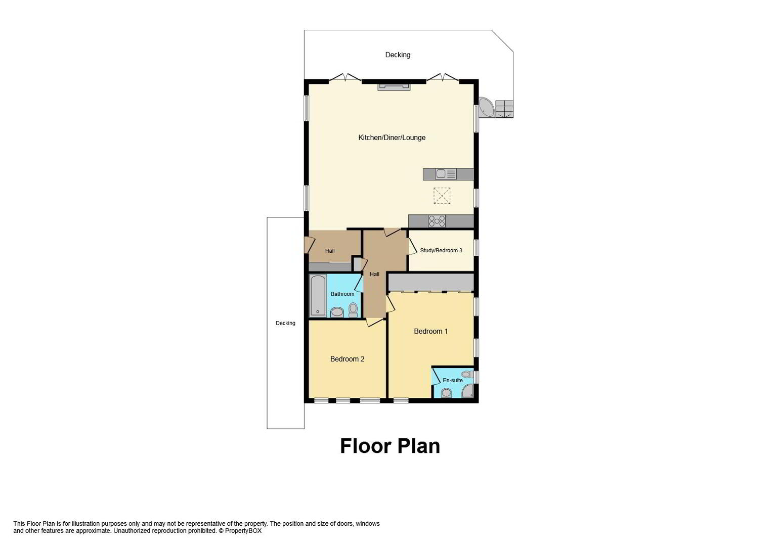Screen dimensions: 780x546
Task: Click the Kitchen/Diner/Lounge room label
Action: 392,138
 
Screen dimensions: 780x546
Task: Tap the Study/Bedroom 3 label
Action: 441,250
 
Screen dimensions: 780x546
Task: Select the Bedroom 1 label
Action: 431,331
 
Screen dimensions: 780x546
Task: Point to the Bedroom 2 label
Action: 347,359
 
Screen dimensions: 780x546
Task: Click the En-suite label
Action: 453,380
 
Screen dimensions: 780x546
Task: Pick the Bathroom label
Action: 342,294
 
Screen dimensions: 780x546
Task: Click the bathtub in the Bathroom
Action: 318,295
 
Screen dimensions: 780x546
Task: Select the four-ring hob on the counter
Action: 437,221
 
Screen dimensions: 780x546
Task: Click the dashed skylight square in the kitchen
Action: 442,196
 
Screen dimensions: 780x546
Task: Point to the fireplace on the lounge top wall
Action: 394,86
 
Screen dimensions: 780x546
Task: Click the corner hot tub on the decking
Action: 487,107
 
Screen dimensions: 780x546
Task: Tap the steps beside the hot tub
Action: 504,109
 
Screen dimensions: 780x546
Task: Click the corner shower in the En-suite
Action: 468,391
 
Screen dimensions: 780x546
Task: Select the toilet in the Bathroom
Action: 353,310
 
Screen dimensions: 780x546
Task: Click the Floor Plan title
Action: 390,446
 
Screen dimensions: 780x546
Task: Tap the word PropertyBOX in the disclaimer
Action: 243,531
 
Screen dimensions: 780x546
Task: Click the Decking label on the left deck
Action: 285,323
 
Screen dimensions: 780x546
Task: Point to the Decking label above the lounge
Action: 398,55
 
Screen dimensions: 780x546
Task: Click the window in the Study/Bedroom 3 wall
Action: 476,248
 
